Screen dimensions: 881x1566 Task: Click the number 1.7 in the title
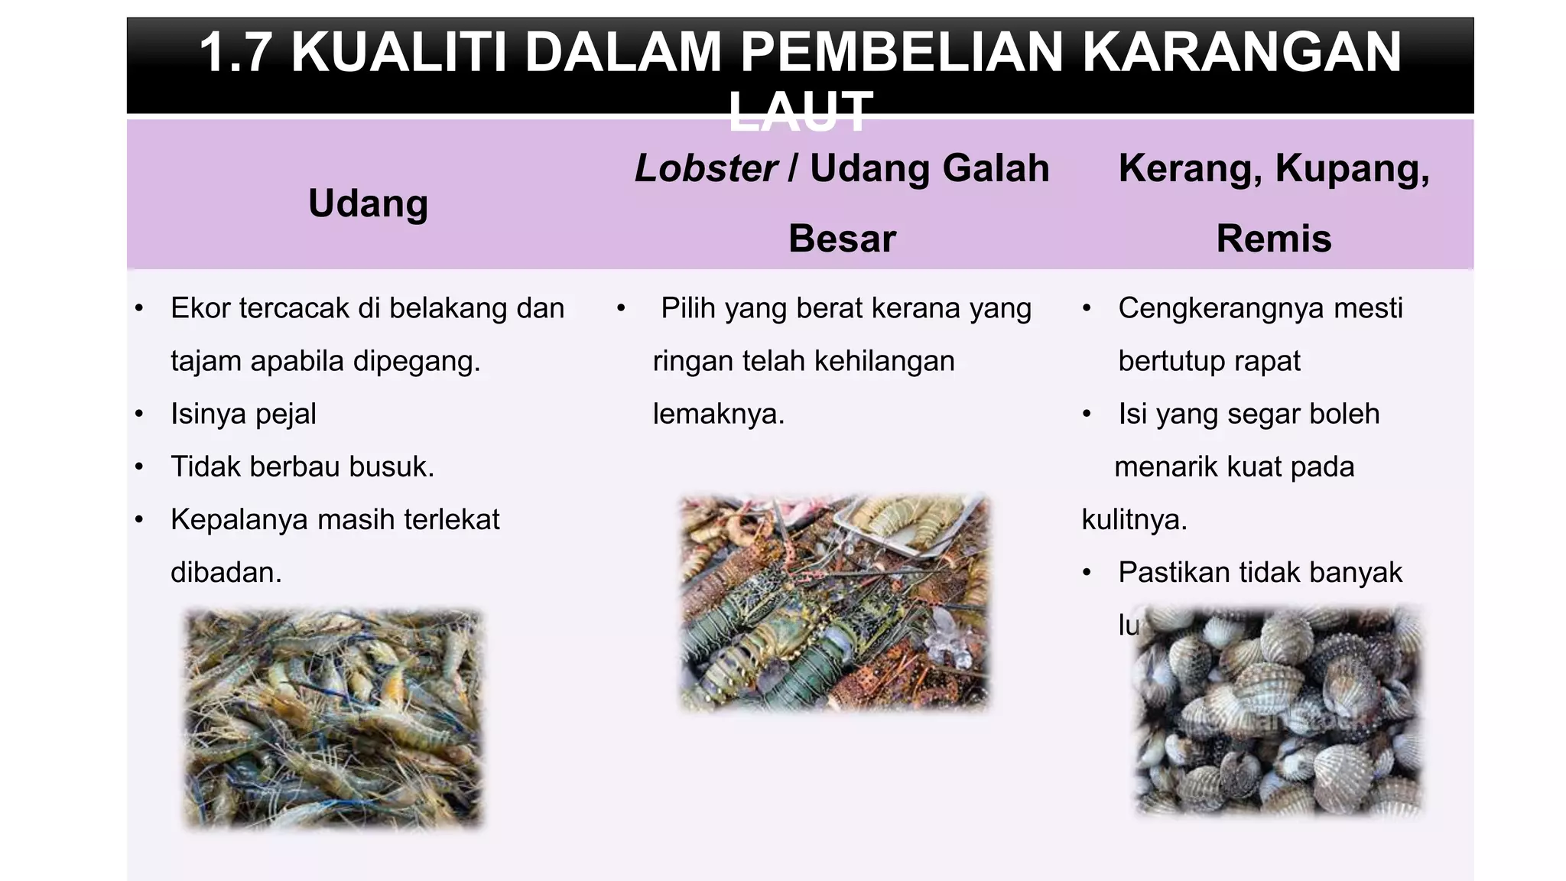236,52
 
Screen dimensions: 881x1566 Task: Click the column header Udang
368,203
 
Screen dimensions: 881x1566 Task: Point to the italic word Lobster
706,168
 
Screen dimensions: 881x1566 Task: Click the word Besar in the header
842,239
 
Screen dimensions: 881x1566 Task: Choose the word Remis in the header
1273,239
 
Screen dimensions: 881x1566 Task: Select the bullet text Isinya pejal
243,414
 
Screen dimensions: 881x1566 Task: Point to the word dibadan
226,572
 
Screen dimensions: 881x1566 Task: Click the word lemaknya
718,414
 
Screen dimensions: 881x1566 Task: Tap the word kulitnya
1134,520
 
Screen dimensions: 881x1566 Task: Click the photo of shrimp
333,718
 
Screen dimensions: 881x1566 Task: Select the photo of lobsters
834,603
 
